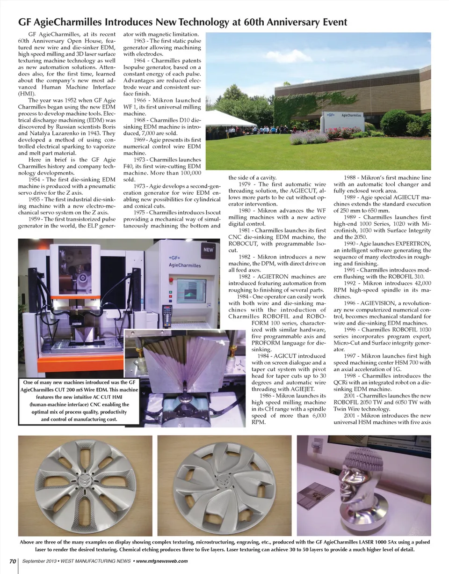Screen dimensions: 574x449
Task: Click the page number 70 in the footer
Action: (x=13, y=561)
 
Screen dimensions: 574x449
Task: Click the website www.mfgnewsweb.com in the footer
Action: (x=162, y=561)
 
